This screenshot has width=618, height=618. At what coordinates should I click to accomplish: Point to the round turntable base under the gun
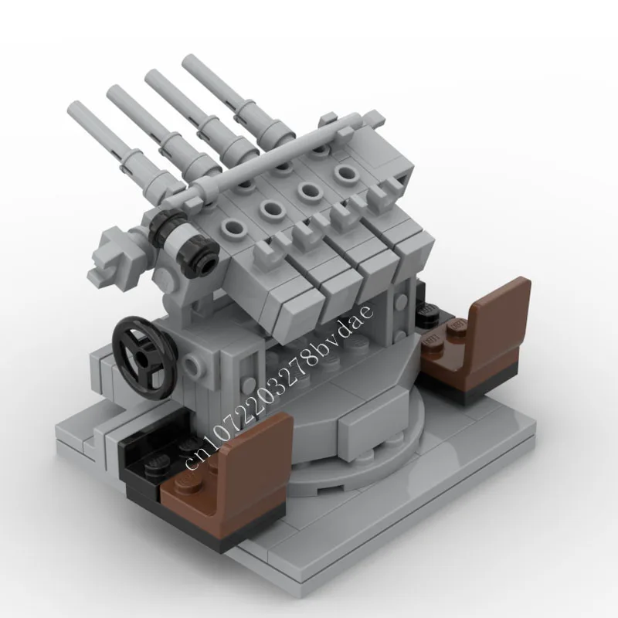[x=363, y=433]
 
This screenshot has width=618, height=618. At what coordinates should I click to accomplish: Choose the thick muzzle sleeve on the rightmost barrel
[x=255, y=116]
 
